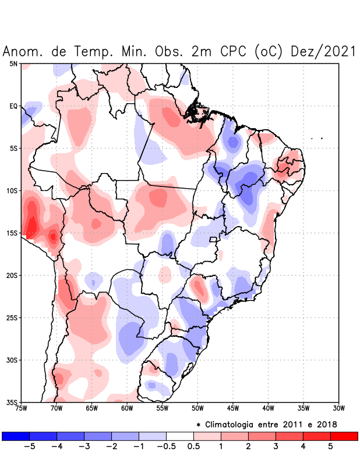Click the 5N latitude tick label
[13, 63]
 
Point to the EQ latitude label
[13, 106]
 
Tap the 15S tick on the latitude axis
[13, 233]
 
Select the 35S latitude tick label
[13, 403]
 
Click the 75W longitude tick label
[21, 408]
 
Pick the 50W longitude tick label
[197, 408]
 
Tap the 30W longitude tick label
[339, 408]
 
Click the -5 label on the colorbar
[30, 447]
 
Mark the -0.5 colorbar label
[166, 447]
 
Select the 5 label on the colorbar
[330, 447]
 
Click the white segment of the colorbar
[180, 436]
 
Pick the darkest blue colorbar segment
[16, 436]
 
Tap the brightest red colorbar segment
[344, 436]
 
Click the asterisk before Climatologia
[198, 424]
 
